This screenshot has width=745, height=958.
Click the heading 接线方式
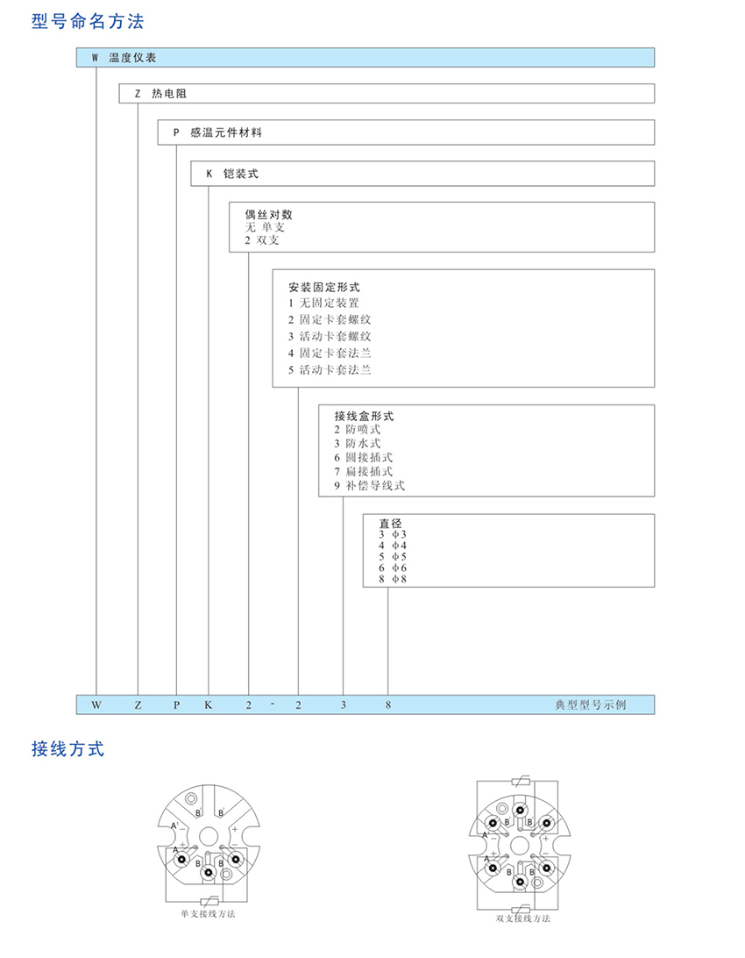coord(68,749)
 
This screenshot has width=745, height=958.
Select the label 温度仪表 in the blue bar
coord(131,58)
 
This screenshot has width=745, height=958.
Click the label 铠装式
coord(241,174)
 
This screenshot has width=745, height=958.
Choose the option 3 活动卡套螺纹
coord(330,336)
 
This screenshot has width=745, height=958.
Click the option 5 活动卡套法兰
coord(330,369)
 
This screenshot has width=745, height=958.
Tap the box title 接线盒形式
coord(364,416)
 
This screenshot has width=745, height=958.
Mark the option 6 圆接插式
coord(363,457)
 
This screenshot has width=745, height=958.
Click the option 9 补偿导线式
coord(369,485)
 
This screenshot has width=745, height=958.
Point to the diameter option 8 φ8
coord(393,579)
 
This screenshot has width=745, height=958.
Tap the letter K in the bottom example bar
coord(209,704)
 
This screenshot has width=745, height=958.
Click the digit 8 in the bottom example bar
coord(388,704)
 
